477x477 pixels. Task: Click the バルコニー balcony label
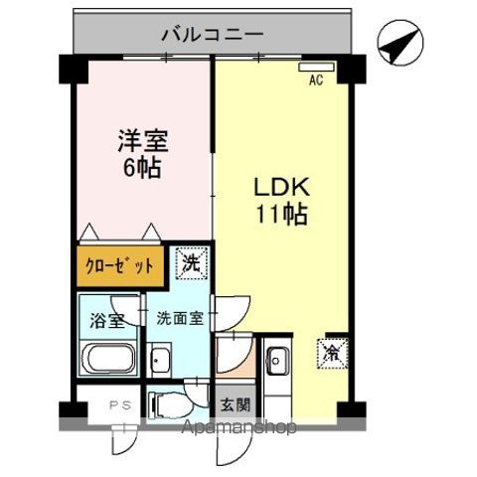tap(212, 36)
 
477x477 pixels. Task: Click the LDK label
tap(284, 187)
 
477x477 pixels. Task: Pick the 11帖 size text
tap(284, 214)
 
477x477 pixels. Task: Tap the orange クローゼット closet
tap(117, 265)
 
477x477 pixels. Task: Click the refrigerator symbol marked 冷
tap(330, 351)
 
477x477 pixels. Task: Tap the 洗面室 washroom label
tap(180, 319)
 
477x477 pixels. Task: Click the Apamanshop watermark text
tap(240, 428)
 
